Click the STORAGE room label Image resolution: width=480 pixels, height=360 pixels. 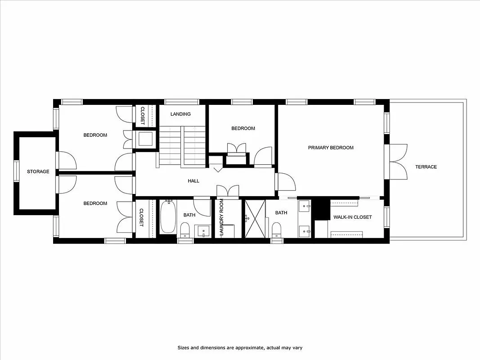tap(38, 171)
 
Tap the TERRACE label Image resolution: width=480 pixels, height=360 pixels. tap(426, 167)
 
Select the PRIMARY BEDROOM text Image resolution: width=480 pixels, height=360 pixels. tap(331, 148)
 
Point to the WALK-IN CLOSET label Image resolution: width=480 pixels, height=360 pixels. tap(352, 217)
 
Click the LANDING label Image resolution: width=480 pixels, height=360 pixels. tap(180, 114)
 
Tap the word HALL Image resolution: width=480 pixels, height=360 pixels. tap(193, 181)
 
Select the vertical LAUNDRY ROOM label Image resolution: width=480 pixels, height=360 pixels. tap(221, 218)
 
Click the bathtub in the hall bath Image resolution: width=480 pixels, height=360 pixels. tap(168, 217)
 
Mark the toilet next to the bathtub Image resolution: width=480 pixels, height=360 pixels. tap(185, 230)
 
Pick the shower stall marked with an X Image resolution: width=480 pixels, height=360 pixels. tap(255, 219)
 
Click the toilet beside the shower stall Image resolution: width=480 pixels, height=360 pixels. tap(277, 229)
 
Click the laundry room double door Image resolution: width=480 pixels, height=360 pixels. tap(228, 191)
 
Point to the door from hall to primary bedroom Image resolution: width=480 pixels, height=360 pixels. tap(286, 182)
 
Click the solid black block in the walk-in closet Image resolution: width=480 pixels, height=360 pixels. tap(321, 209)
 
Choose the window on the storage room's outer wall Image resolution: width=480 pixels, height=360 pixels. tap(16, 171)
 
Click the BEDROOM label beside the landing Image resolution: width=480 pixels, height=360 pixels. tap(243, 129)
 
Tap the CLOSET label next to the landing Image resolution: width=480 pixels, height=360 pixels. tap(143, 115)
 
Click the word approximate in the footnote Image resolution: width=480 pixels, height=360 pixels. tap(237, 348)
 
